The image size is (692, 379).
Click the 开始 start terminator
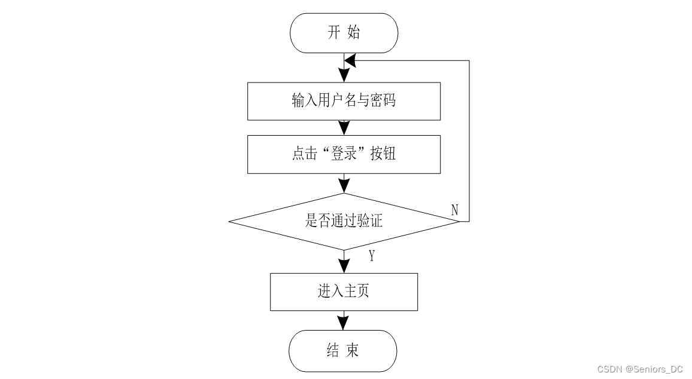(x=344, y=33)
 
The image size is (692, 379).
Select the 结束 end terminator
(x=343, y=351)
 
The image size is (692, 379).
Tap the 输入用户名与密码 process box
(x=344, y=101)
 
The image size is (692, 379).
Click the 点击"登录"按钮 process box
(x=344, y=154)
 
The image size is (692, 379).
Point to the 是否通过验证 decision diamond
(x=344, y=221)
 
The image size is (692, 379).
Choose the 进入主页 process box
(x=344, y=292)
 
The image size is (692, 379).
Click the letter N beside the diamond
(x=454, y=210)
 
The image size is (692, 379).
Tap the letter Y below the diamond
(x=372, y=256)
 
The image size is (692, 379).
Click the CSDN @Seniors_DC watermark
(x=640, y=369)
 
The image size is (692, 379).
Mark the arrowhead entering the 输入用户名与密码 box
(x=344, y=75)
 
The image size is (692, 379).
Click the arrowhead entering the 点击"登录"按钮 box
(x=344, y=129)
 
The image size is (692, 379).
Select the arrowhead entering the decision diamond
(x=344, y=186)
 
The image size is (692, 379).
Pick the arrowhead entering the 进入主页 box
(x=344, y=266)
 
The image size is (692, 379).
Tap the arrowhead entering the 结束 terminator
(x=343, y=323)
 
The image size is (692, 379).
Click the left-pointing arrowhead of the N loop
(x=350, y=61)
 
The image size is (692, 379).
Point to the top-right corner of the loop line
(x=469, y=61)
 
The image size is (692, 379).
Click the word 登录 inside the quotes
(x=344, y=154)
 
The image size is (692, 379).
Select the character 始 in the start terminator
(x=354, y=32)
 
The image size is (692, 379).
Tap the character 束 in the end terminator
(x=352, y=350)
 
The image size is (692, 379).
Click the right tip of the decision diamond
(x=460, y=221)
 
